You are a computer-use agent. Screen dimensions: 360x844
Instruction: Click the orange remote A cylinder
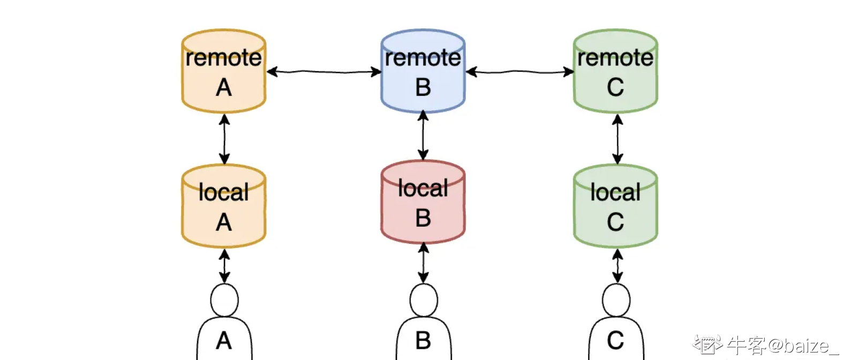224,72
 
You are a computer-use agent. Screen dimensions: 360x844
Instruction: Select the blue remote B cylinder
423,72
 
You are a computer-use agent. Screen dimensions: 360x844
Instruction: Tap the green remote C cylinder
615,72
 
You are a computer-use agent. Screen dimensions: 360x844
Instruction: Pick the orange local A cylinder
224,207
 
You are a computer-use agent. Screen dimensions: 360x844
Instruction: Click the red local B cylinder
423,203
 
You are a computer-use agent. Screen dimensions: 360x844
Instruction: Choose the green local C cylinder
615,207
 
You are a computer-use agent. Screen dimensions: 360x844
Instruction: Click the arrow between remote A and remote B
323,71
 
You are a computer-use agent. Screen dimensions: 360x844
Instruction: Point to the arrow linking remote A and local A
224,139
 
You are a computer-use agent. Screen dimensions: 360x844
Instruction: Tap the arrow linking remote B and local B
423,136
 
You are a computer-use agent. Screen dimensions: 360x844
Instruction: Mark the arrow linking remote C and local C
617,139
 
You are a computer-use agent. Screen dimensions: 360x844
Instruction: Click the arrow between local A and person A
224,266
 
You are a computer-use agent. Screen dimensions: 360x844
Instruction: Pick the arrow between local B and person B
423,263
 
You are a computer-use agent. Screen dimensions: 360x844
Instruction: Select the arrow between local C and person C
617,266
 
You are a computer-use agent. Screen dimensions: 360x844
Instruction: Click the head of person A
224,300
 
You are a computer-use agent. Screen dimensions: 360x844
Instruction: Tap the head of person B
424,300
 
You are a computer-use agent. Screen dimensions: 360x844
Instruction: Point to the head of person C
616,300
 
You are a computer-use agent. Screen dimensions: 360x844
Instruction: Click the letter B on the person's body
423,341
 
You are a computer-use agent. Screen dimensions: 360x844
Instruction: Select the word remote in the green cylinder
615,58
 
